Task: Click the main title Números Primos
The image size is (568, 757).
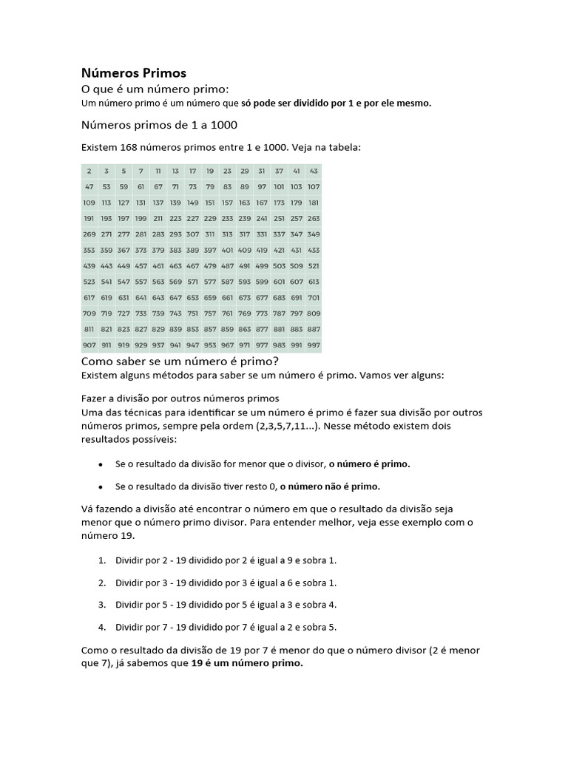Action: coord(133,73)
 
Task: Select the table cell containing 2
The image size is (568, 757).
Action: coord(89,171)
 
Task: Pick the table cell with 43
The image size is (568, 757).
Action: coord(314,171)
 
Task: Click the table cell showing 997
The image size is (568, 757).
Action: coord(314,344)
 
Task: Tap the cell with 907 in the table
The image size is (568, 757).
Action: coord(89,344)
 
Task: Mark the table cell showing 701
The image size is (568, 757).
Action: coord(314,297)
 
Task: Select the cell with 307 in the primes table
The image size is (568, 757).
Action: coord(193,234)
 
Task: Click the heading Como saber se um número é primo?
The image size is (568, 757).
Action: coord(179,361)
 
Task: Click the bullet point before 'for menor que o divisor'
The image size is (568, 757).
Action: coord(101,464)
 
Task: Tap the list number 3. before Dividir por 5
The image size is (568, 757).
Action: coord(102,605)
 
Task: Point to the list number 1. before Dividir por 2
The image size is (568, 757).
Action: coord(102,560)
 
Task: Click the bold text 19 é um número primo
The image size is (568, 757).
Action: coord(247,663)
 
